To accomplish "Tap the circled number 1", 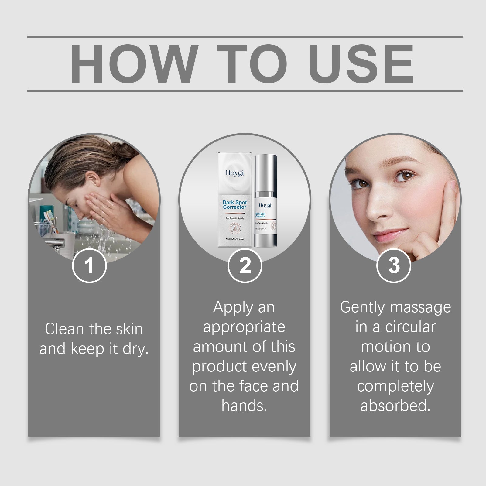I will tap(89, 265).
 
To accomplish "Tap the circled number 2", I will tap(245, 265).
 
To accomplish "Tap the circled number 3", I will tap(394, 265).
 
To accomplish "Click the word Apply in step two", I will tap(228, 308).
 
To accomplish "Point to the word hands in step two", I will tap(244, 406).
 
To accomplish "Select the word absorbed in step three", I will tap(395, 406).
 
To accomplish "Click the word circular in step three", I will tap(410, 327).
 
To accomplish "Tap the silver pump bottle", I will tap(265, 200).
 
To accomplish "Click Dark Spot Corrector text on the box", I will tap(234, 204).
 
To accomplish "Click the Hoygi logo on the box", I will tap(234, 173).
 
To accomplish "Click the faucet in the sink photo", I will tap(58, 241).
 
